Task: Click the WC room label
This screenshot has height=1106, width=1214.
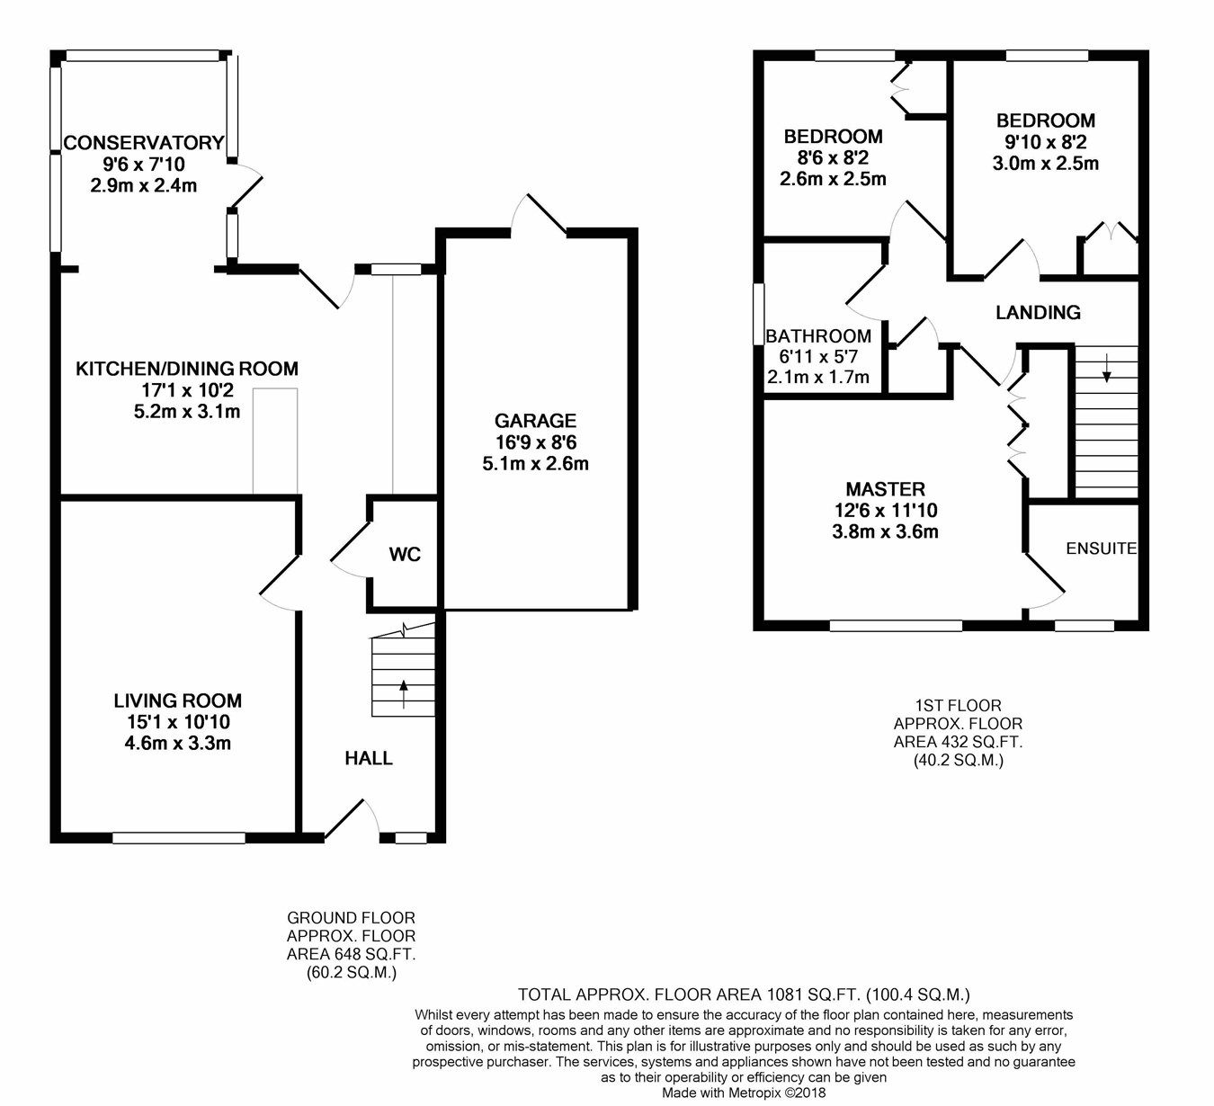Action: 405,554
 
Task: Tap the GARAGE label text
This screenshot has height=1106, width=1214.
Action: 535,421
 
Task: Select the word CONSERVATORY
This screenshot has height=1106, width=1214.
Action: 144,142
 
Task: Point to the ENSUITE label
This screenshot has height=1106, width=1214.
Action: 1101,549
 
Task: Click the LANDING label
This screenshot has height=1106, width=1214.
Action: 1038,312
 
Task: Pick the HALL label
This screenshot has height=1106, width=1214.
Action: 369,758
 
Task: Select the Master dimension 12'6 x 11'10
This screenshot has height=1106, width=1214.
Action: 886,511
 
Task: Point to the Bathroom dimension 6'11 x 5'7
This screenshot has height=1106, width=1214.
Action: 818,356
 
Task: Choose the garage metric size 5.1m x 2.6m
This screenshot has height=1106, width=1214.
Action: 535,464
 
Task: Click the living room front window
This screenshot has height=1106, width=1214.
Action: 179,838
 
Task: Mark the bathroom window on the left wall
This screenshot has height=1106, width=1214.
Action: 757,313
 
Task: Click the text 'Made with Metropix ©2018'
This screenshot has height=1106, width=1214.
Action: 744,1093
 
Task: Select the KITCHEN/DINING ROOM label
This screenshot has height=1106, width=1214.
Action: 187,369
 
